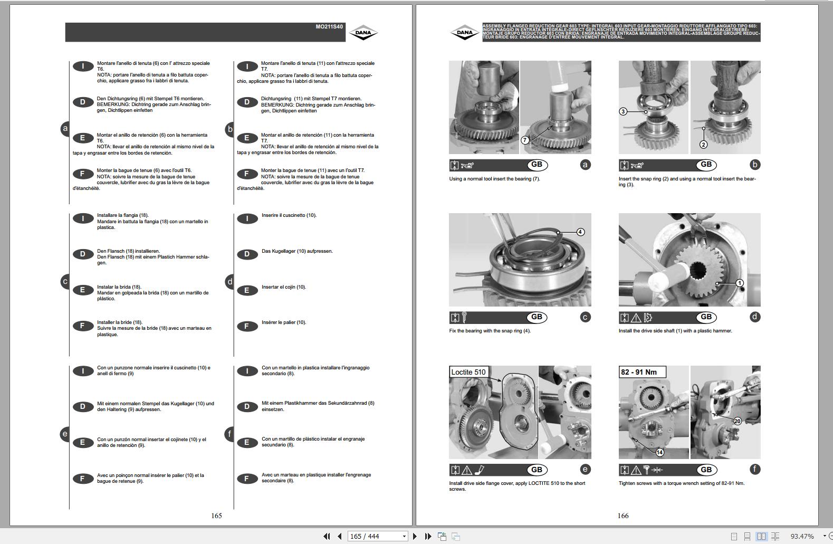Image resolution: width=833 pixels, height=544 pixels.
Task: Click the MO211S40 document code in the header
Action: (x=329, y=26)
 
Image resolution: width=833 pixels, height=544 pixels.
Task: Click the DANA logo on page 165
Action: (x=363, y=33)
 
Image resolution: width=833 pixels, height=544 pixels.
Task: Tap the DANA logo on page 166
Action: (x=464, y=33)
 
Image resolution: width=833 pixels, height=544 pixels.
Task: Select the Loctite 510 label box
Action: (x=468, y=372)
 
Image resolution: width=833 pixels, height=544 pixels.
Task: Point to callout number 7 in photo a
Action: (x=524, y=140)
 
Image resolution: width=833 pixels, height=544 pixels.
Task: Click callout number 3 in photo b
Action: (x=623, y=111)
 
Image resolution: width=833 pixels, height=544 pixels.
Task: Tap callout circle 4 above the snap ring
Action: (x=580, y=232)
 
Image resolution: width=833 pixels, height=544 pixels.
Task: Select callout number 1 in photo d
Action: (x=740, y=283)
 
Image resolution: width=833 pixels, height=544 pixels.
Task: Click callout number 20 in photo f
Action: (x=738, y=421)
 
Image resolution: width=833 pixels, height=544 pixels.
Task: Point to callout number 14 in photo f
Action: (x=659, y=452)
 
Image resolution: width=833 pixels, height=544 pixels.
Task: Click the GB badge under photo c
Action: (x=537, y=317)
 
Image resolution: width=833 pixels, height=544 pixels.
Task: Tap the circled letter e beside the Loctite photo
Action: (x=585, y=469)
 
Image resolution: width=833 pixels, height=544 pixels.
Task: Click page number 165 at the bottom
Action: (x=216, y=516)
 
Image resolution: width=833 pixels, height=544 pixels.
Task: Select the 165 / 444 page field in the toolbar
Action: (x=377, y=536)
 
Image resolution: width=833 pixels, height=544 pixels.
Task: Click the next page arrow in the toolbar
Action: (x=415, y=536)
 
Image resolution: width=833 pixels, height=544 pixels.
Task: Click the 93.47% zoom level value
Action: (x=802, y=536)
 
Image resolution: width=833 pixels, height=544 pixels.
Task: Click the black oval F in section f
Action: (x=246, y=479)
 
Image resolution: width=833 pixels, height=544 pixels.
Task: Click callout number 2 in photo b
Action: (x=703, y=144)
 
